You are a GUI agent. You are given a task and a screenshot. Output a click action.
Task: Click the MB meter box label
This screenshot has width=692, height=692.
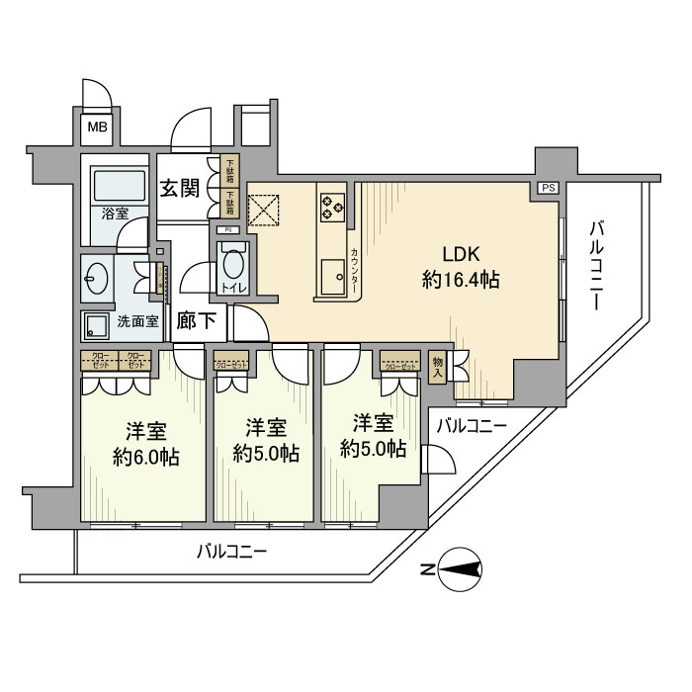pos(96,127)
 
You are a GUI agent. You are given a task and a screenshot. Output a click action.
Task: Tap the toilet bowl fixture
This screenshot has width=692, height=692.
pos(233,265)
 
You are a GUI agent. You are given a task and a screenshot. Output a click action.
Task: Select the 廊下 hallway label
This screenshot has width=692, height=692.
pos(196,321)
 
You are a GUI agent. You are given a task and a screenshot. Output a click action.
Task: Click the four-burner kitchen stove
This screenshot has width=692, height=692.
pos(331,206)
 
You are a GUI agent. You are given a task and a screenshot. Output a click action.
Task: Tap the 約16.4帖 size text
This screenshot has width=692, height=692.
pos(460,281)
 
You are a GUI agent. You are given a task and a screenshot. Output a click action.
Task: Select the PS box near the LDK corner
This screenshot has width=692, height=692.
pos(547,188)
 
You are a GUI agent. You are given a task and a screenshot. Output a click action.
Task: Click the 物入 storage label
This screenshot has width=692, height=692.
pos(437,368)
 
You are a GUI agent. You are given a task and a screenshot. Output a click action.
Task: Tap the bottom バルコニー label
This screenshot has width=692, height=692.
pos(231,551)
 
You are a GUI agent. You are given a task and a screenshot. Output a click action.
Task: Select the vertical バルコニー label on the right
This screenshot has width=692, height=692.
pos(595,267)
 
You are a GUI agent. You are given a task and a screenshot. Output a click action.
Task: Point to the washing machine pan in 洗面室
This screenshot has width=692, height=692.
pos(97,325)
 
